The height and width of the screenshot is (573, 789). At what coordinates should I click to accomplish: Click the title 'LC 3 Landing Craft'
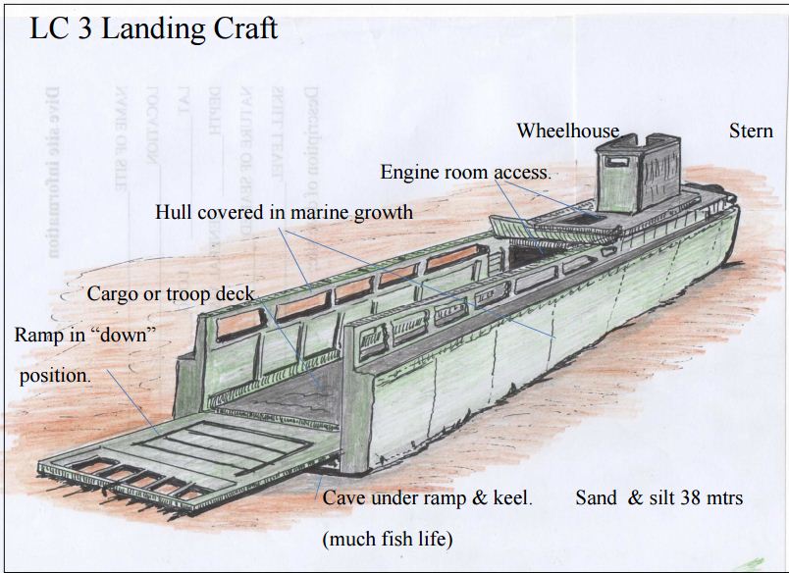(x=154, y=28)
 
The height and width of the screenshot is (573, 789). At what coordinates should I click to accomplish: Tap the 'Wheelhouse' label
(x=568, y=130)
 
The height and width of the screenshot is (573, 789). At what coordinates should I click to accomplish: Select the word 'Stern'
(x=751, y=130)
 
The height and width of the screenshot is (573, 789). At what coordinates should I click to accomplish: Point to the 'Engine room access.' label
(x=465, y=172)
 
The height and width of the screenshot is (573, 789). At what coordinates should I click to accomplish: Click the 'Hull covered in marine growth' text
(x=284, y=211)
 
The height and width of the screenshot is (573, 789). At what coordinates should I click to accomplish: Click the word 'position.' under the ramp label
(x=55, y=375)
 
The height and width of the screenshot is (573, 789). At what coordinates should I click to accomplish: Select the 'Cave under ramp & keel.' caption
(x=428, y=497)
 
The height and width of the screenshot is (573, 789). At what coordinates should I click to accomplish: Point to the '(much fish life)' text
(x=388, y=539)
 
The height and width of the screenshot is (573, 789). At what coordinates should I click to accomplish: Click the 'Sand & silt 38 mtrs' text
(x=658, y=497)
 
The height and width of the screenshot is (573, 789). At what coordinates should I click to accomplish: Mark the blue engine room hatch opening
(x=579, y=216)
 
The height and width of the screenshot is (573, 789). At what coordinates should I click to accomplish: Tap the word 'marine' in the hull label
(x=328, y=211)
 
